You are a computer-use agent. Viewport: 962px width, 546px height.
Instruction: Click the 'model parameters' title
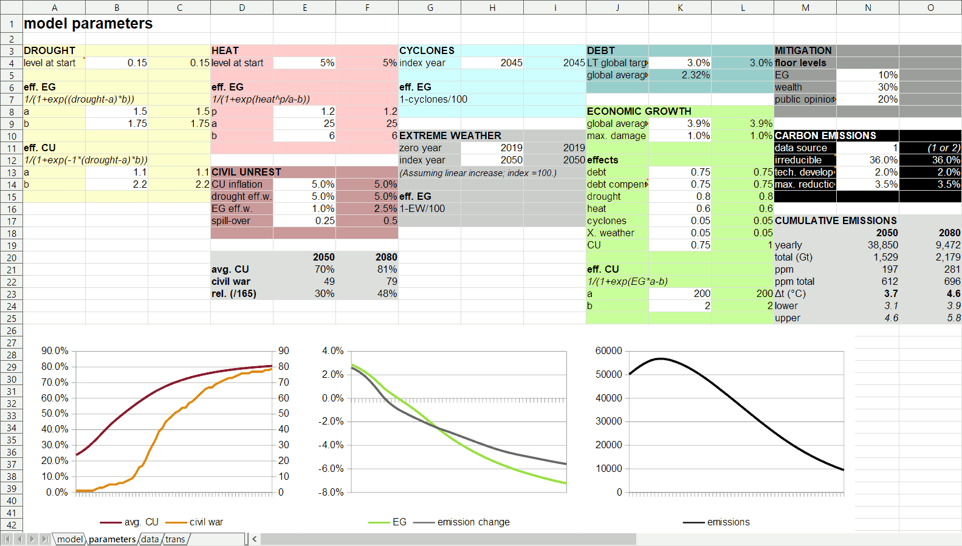coord(88,24)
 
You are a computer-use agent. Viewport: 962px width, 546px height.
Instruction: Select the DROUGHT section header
coord(49,50)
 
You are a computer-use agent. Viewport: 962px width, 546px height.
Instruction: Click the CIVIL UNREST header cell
coord(246,172)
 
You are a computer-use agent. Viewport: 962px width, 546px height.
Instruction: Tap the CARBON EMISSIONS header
coord(825,135)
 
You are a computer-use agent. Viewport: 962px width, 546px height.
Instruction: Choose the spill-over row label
coord(231,220)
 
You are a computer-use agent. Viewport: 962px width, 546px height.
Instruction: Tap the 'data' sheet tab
coord(149,539)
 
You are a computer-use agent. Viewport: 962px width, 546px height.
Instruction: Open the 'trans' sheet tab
coord(175,539)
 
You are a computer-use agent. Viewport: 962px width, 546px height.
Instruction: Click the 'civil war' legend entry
coord(206,522)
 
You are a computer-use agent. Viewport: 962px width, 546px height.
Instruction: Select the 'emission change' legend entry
coord(473,522)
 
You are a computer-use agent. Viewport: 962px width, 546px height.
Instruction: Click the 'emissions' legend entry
coord(728,522)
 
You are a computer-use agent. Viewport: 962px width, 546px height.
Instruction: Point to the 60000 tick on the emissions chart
coord(608,350)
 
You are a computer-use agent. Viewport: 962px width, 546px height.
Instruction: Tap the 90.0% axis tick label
coord(55,350)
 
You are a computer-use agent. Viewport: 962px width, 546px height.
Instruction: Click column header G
coord(430,7)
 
